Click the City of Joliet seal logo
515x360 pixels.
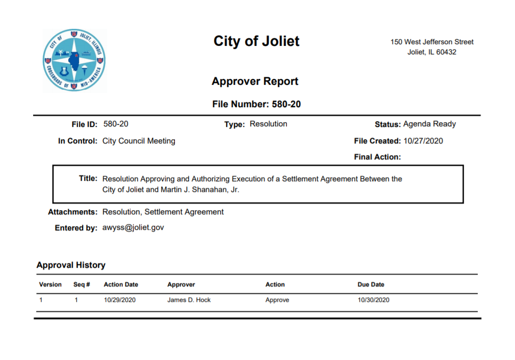coord(74,60)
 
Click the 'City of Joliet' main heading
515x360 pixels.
coord(256,41)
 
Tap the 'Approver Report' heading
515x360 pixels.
coord(255,82)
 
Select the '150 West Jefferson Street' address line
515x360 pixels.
coord(432,42)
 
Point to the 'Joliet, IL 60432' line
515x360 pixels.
coord(432,52)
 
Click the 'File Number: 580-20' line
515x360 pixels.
coord(256,105)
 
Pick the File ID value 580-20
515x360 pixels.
coord(116,124)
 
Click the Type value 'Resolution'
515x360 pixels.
coord(268,124)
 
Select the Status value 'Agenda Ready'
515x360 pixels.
coord(429,124)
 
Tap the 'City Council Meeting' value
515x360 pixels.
coord(139,141)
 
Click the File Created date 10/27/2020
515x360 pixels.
coord(423,141)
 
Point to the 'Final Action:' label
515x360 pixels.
coord(377,157)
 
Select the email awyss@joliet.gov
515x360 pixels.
coord(133,227)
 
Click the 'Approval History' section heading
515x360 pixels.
coord(71,265)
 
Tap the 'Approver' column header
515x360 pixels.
coord(181,285)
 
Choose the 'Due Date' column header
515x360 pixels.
coord(371,285)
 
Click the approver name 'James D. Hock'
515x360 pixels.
coord(189,300)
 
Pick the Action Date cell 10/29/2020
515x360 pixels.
coord(119,300)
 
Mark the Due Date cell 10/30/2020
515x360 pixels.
coord(373,300)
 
